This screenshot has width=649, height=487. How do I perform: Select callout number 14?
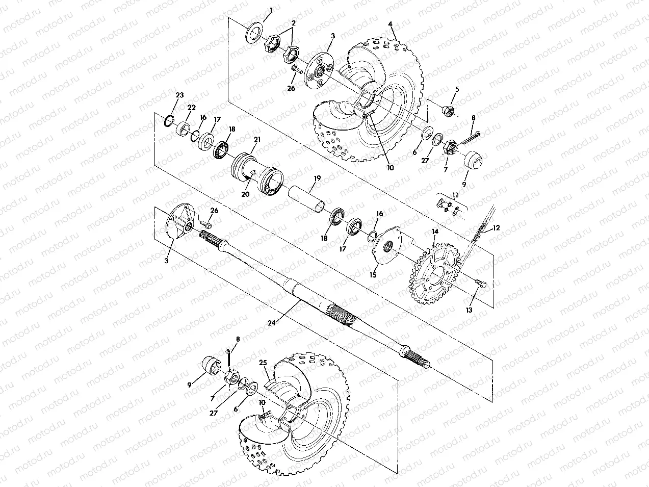435,231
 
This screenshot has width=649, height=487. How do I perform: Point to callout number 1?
271,10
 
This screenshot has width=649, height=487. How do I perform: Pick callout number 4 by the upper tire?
390,24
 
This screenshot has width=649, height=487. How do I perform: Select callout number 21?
257,139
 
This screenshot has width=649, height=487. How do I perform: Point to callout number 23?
179,95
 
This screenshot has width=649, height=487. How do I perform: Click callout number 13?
469,310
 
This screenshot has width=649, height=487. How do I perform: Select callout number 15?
373,274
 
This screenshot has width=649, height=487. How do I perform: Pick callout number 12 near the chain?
497,227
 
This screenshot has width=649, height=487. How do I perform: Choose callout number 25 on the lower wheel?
263,363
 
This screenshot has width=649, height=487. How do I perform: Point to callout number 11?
455,195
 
